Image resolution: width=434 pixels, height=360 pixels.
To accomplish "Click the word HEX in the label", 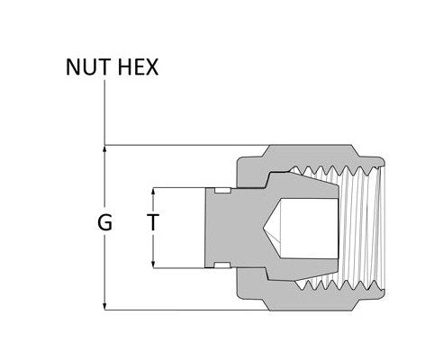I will point(138,67).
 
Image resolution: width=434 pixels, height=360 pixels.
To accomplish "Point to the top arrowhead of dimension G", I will point(106,148).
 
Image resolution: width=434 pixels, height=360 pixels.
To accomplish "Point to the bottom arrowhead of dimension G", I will point(106,306).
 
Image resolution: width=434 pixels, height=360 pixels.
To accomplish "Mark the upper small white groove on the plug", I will point(221,190).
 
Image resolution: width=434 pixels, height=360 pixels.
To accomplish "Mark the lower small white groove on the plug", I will point(221,265).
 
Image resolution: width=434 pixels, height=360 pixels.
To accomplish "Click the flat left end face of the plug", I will point(206,227).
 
